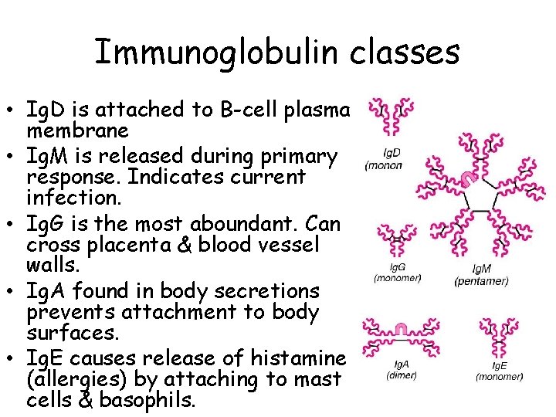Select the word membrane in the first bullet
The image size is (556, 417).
pyautogui.click(x=77, y=130)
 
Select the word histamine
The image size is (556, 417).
pyautogui.click(x=297, y=358)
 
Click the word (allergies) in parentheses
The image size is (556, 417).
pyautogui.click(x=83, y=380)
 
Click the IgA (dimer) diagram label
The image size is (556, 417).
pyautogui.click(x=402, y=370)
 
